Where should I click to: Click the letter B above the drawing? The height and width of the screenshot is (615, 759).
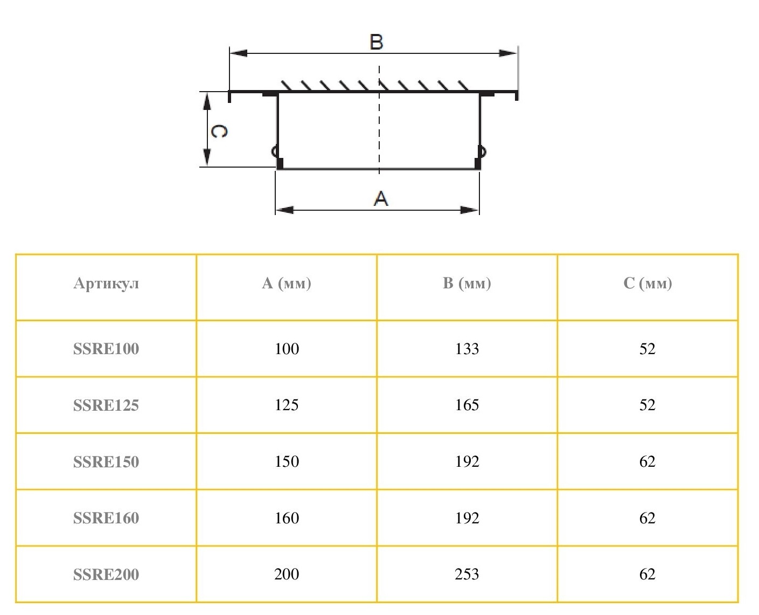(x=376, y=42)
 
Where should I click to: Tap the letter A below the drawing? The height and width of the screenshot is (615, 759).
(x=381, y=198)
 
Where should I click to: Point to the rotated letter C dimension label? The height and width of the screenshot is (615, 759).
(x=218, y=131)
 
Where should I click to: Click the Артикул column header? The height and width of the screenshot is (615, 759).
(x=106, y=284)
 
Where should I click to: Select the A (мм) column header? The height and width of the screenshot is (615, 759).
(x=287, y=284)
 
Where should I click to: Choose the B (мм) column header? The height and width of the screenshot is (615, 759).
(x=467, y=284)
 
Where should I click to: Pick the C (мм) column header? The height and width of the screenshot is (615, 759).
(x=647, y=284)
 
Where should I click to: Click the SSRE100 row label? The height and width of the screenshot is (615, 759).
(x=106, y=349)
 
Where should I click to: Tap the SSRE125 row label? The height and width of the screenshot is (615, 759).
(x=106, y=405)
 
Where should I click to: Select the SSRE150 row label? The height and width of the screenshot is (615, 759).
(x=106, y=462)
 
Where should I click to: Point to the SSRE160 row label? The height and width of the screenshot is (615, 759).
(x=106, y=518)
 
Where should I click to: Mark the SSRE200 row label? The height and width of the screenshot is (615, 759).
(x=106, y=575)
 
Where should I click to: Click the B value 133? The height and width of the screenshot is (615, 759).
(x=467, y=349)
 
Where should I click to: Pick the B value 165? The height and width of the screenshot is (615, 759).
(x=467, y=405)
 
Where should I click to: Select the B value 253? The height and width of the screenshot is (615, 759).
(x=467, y=574)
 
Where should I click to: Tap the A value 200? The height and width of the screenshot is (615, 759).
(x=287, y=574)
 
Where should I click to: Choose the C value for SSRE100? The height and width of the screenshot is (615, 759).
(x=647, y=349)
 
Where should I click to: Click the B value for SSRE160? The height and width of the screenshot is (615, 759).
(x=467, y=518)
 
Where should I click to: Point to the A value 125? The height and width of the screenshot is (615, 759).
(x=287, y=405)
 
